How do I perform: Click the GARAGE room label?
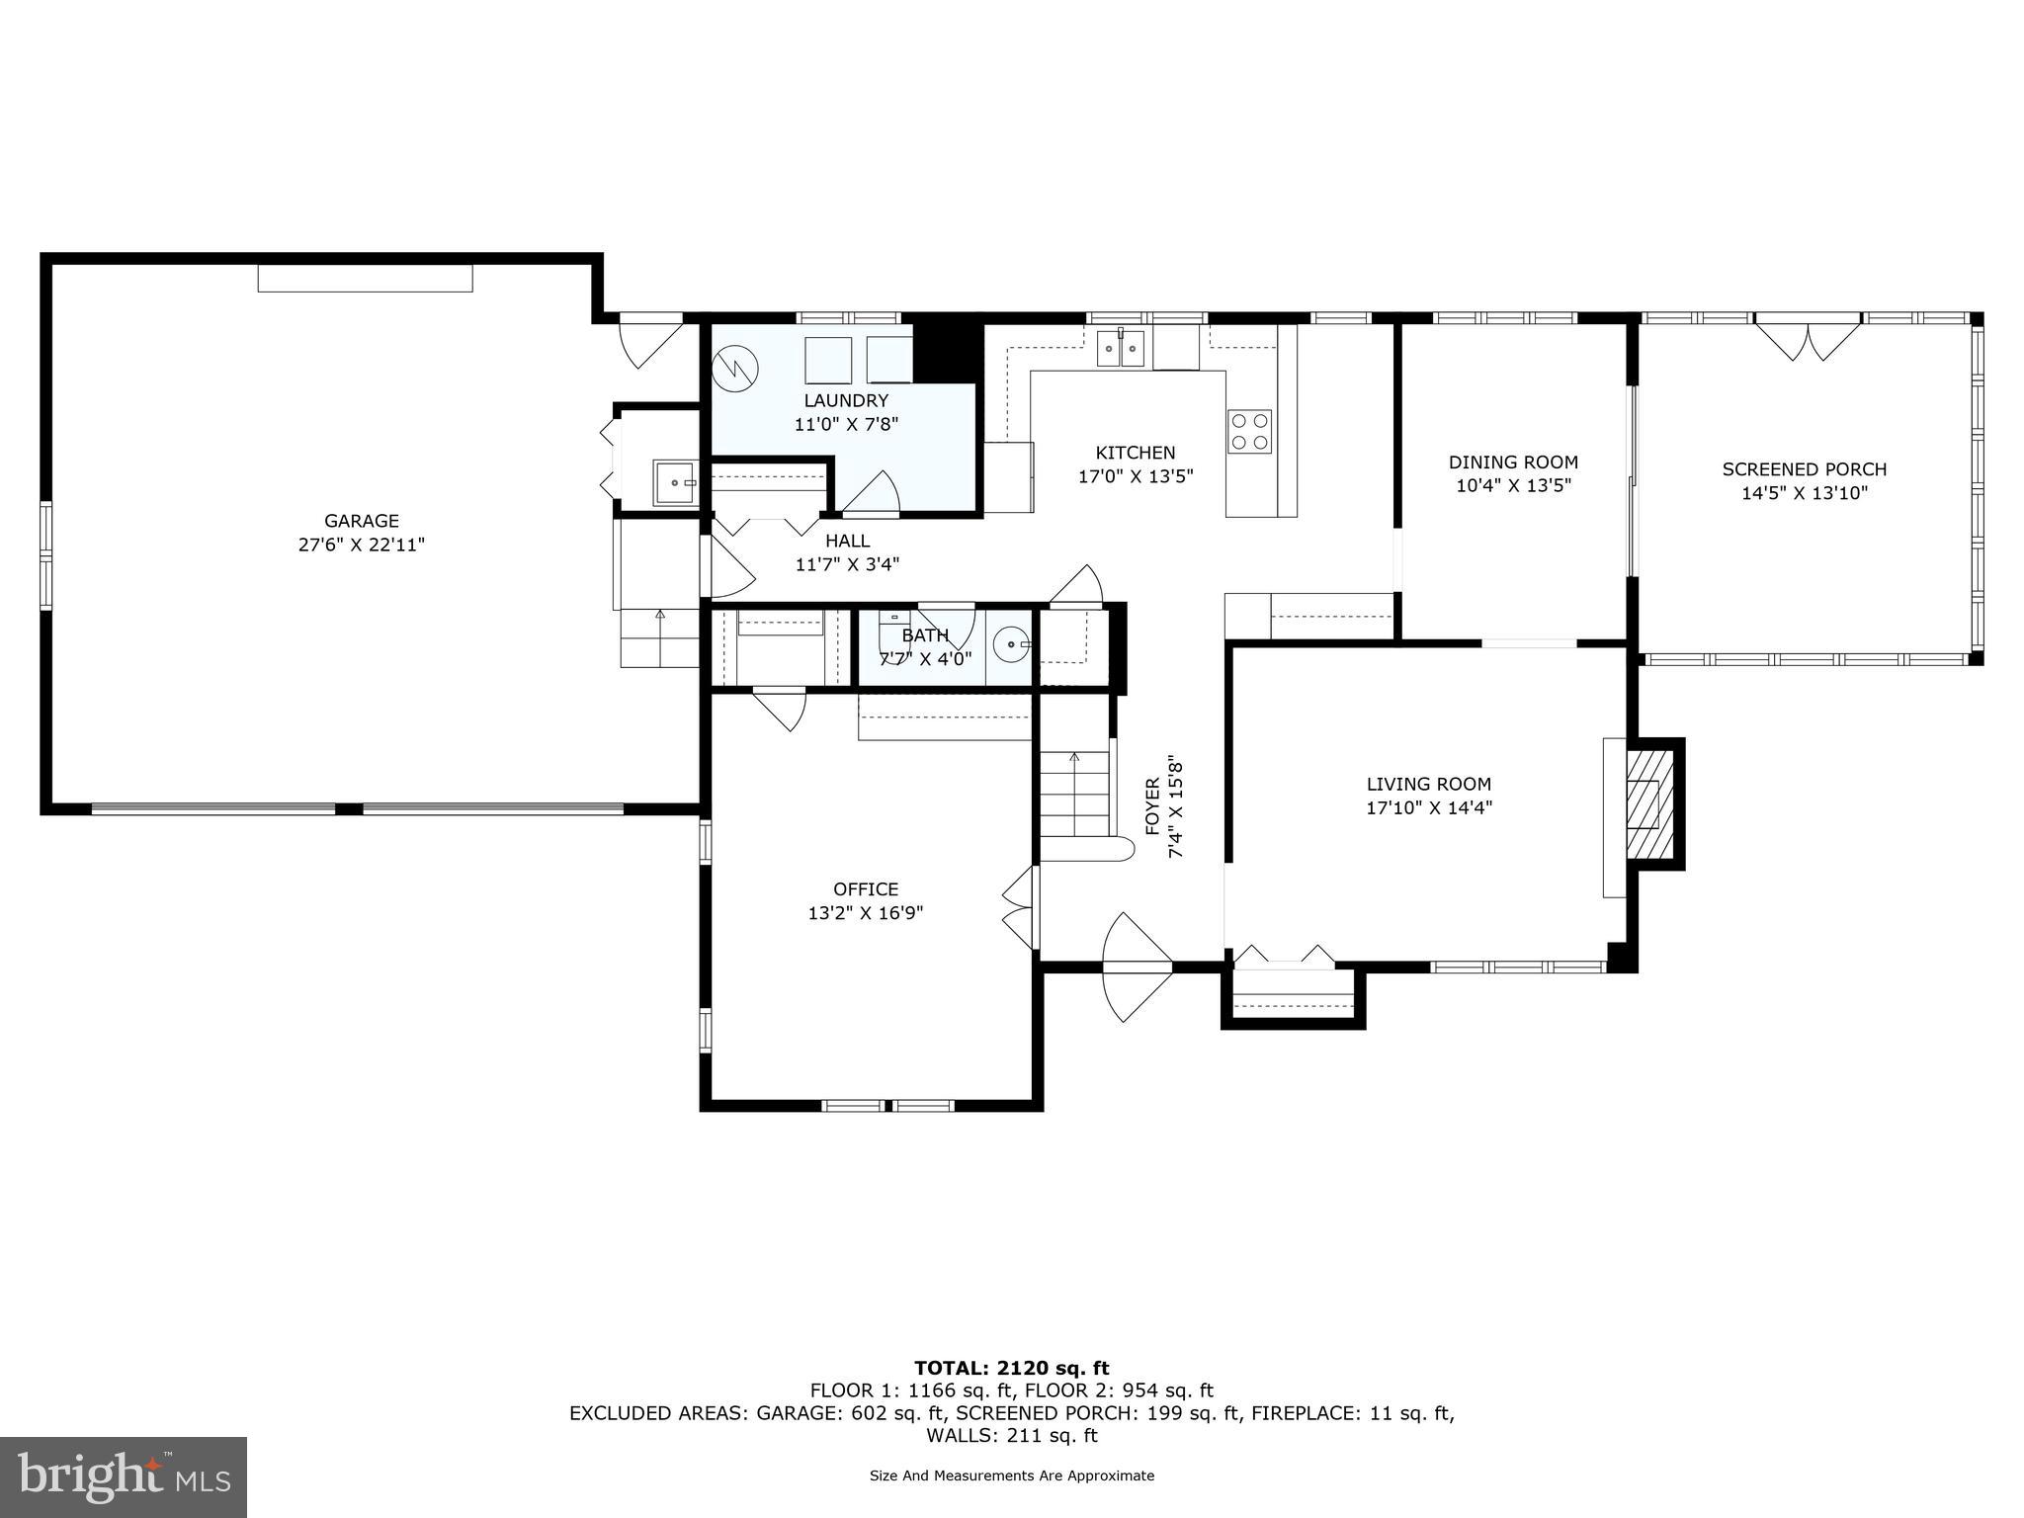(x=362, y=521)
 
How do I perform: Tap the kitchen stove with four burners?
(x=1249, y=432)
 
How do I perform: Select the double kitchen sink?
(x=1121, y=348)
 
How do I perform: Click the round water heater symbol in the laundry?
(x=736, y=368)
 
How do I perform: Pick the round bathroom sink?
(x=1011, y=646)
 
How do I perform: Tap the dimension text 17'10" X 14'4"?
(x=1428, y=807)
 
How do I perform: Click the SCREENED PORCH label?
(x=1804, y=469)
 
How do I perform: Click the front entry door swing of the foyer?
(x=1136, y=966)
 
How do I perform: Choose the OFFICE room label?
(x=866, y=888)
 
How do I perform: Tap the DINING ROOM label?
(x=1513, y=462)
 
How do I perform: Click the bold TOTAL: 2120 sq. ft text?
(x=1011, y=1368)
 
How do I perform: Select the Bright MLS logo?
(x=123, y=1477)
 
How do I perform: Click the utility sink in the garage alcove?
(x=675, y=482)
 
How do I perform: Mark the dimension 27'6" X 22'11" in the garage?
(x=362, y=545)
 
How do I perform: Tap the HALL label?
(x=847, y=541)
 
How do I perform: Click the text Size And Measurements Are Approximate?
(x=1011, y=1476)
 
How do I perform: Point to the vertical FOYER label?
(x=1152, y=806)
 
